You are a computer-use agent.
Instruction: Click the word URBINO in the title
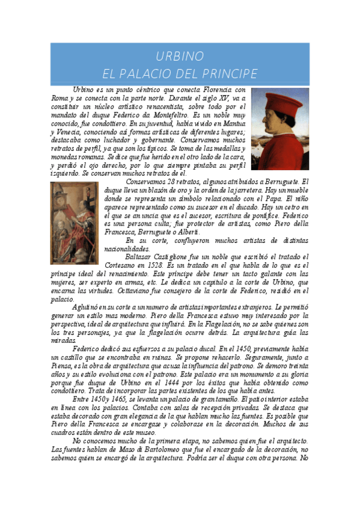(x=180, y=57)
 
